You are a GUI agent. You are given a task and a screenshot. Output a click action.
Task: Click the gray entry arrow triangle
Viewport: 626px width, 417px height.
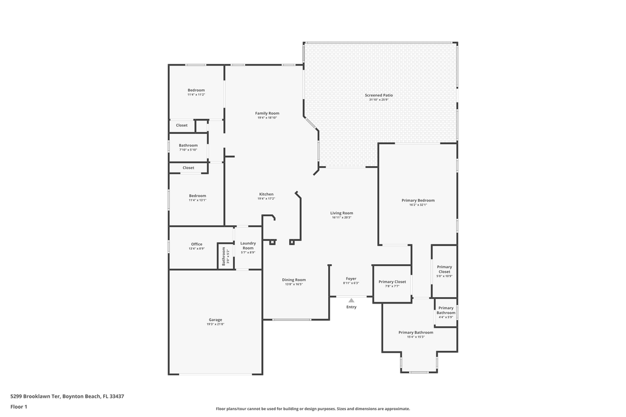(x=351, y=300)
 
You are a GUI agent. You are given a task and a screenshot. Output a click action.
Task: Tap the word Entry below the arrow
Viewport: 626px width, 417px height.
(x=351, y=307)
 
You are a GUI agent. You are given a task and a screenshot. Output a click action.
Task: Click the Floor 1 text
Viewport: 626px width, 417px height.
(x=19, y=407)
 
